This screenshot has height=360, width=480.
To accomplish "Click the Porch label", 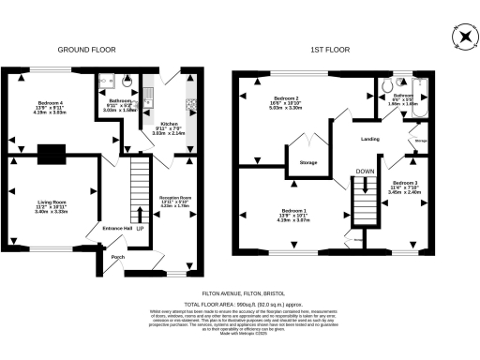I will pyautogui.click(x=118, y=257).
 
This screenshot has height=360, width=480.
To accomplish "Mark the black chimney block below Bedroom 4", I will pyautogui.click(x=50, y=153).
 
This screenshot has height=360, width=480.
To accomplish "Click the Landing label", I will pyautogui.click(x=369, y=139).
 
